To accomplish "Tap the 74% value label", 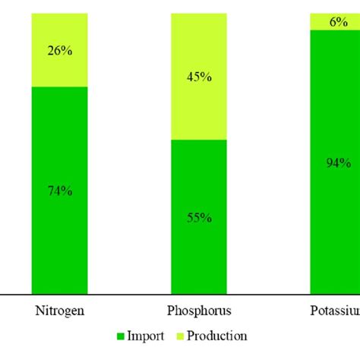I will [x=59, y=191].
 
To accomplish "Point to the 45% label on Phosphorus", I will [x=199, y=76].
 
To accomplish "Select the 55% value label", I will [x=199, y=218].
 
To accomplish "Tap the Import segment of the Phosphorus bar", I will [x=199, y=258].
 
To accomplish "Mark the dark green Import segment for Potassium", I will [x=334, y=228].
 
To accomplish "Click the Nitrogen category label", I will [x=59, y=311].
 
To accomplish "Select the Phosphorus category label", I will [x=199, y=311].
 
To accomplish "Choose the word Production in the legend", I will [x=218, y=336].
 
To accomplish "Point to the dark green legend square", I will [x=120, y=336].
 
